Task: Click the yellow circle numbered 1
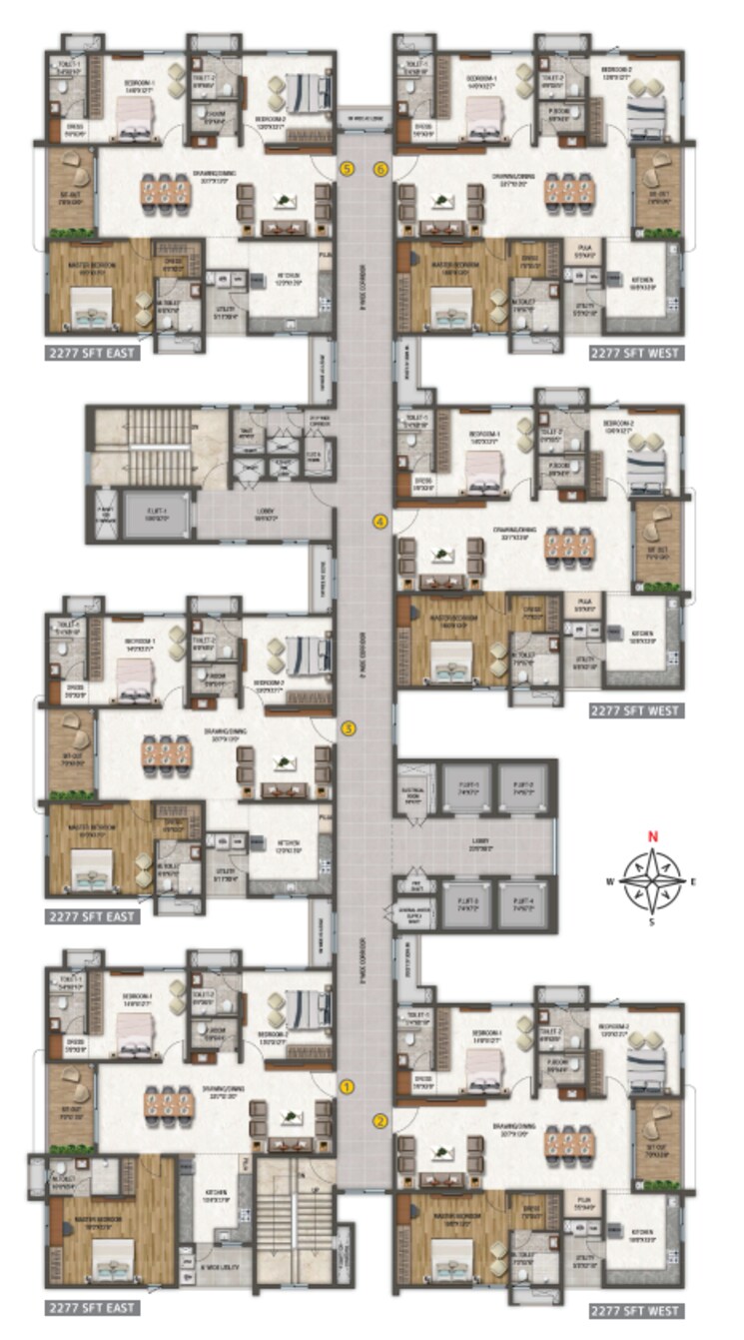(348, 1085)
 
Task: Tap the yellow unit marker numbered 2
(380, 1120)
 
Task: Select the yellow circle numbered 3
(348, 728)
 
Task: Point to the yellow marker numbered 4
(380, 521)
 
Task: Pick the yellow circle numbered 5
(348, 169)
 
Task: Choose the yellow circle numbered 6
(380, 169)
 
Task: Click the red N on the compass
(652, 837)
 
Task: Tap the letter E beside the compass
(693, 880)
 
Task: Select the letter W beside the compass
(608, 881)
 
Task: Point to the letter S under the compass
(652, 922)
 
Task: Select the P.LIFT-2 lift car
(522, 788)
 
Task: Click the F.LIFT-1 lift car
(156, 516)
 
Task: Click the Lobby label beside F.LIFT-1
(265, 516)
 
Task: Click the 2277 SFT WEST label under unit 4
(635, 710)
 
